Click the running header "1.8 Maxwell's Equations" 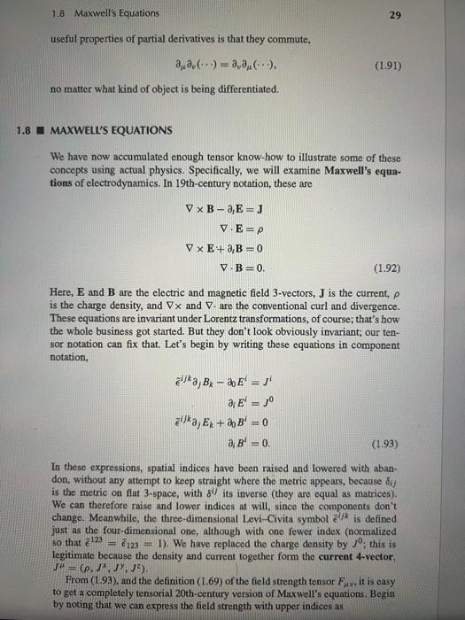(92, 12)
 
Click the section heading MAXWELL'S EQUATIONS (112, 130)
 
